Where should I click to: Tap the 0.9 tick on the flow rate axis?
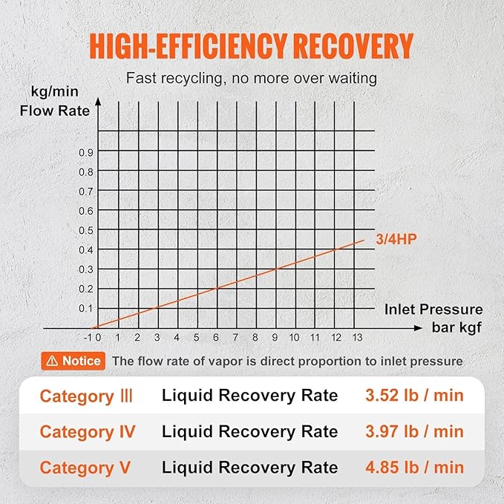click(x=87, y=152)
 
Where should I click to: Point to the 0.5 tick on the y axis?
click(x=87, y=230)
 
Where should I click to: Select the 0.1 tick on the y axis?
click(x=87, y=308)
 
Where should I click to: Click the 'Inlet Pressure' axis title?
click(x=433, y=310)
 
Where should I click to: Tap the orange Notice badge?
click(x=73, y=361)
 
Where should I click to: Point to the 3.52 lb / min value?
click(x=414, y=396)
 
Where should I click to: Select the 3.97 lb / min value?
click(x=414, y=431)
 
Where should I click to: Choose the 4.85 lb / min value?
click(x=414, y=468)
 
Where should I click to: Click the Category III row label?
click(x=86, y=396)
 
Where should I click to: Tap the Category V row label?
click(x=85, y=468)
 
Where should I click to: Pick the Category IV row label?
click(x=86, y=431)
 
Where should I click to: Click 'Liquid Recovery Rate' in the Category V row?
click(x=249, y=468)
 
